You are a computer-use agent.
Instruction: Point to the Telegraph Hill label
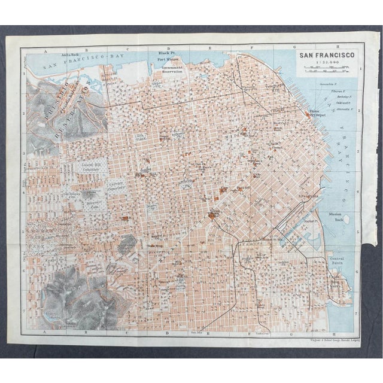(274, 86)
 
